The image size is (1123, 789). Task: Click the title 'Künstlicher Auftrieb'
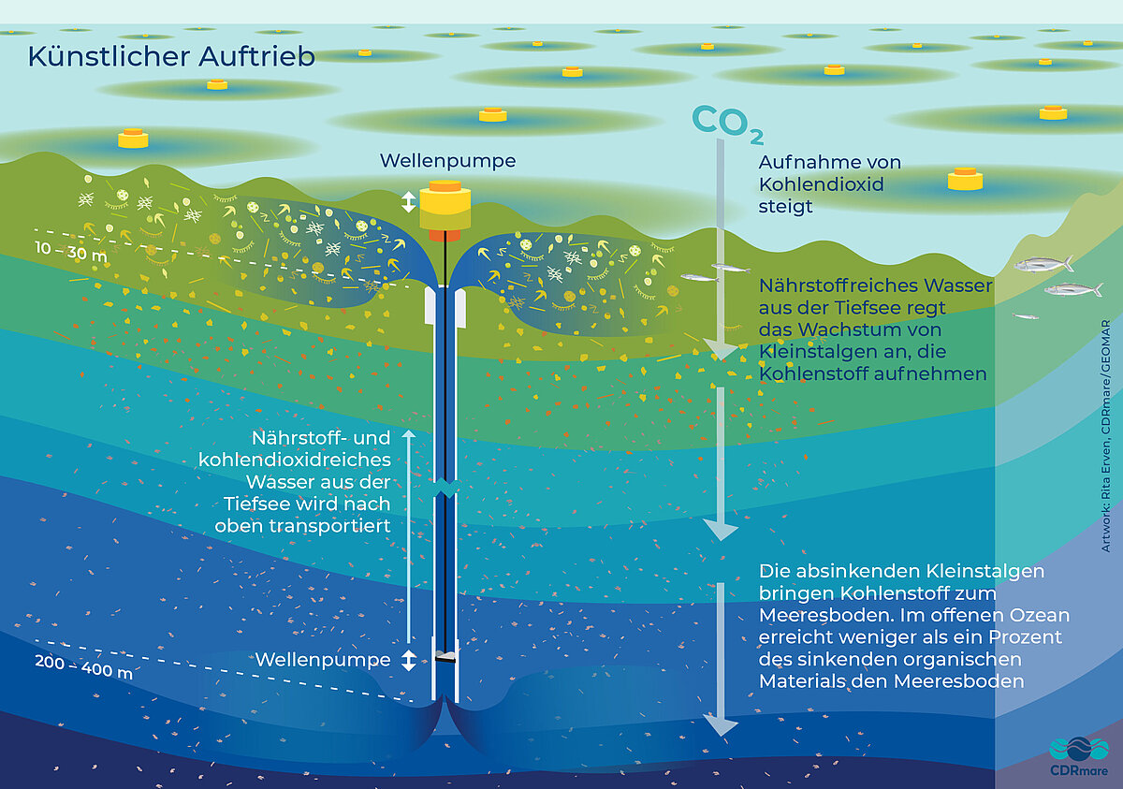(171, 56)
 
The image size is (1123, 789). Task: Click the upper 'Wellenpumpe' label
(447, 161)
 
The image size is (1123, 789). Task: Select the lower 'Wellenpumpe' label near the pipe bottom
(323, 660)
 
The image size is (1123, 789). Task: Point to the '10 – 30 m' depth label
(71, 251)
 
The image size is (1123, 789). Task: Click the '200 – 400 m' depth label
(83, 667)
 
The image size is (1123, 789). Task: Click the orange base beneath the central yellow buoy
(445, 236)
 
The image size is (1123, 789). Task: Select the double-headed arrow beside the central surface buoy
(409, 201)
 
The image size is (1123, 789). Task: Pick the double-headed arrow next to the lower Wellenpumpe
(409, 660)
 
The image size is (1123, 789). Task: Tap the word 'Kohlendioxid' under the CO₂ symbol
(821, 184)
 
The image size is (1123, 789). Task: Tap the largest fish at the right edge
(1043, 264)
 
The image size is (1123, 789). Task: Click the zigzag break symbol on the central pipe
(446, 488)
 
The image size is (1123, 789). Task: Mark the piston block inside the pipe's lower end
(445, 657)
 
